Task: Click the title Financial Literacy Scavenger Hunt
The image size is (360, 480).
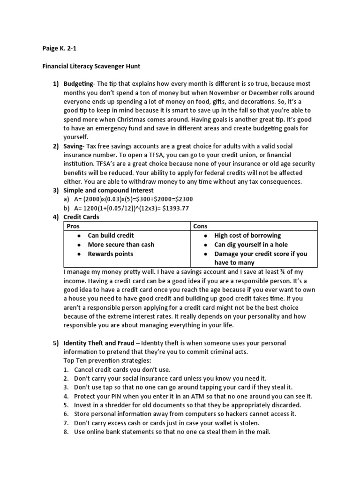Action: pyautogui.click(x=89, y=66)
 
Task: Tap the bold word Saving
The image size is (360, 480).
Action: pyautogui.click(x=73, y=146)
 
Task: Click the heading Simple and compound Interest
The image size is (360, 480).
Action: pyautogui.click(x=108, y=190)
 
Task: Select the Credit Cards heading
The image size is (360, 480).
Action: pyautogui.click(x=81, y=217)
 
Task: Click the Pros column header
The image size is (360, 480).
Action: pyautogui.click(x=74, y=226)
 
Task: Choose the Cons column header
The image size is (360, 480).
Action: pyautogui.click(x=201, y=226)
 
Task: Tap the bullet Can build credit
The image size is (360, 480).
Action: pyautogui.click(x=111, y=235)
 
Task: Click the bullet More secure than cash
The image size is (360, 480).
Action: pyautogui.click(x=121, y=245)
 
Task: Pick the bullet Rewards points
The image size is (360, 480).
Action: pyautogui.click(x=110, y=254)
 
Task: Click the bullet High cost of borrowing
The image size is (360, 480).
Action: pyautogui.click(x=247, y=235)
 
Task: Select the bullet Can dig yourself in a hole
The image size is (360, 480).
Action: pyautogui.click(x=251, y=245)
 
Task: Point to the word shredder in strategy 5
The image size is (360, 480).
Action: pyautogui.click(x=116, y=405)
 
